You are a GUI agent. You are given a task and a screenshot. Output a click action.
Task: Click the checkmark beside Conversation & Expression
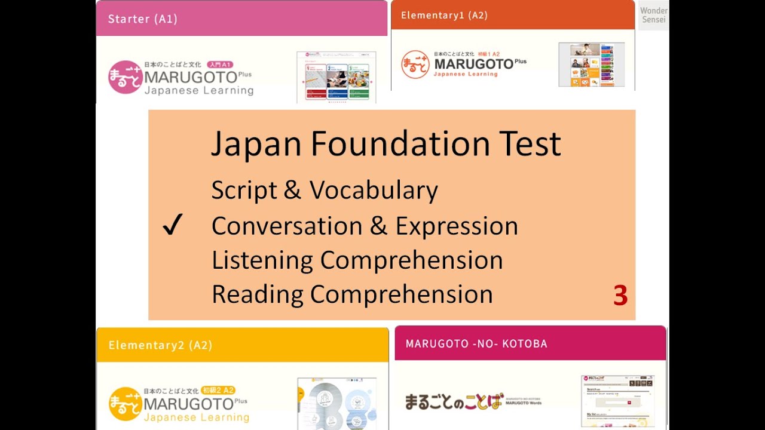pos(172,226)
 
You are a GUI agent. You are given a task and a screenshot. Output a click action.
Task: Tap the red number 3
pos(620,296)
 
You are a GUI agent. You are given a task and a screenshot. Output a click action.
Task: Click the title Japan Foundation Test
pos(385,144)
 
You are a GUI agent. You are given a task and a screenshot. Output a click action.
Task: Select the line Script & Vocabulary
pos(325,191)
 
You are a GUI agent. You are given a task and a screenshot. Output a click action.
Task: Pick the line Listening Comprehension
pos(357,260)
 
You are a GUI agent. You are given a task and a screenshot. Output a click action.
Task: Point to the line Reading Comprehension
pos(352,294)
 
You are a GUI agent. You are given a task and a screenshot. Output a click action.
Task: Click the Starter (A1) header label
pos(142,19)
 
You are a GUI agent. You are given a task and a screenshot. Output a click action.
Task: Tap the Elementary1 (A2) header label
pos(444,16)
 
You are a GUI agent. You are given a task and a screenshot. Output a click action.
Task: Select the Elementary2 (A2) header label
pos(160,345)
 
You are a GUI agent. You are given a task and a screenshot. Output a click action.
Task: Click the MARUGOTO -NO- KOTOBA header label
pos(476,343)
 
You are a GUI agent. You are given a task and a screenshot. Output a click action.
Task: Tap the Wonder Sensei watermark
pos(653,15)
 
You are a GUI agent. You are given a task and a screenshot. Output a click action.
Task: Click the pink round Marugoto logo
pos(125,77)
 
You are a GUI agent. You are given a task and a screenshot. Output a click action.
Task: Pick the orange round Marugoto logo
pos(415,64)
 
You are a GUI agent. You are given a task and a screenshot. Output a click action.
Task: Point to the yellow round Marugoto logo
pos(125,404)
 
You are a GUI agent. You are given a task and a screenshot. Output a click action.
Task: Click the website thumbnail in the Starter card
pos(336,77)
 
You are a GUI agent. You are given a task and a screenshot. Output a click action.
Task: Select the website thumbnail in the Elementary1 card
pos(591,64)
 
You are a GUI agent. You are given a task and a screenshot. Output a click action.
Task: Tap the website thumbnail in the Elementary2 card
pos(336,403)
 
